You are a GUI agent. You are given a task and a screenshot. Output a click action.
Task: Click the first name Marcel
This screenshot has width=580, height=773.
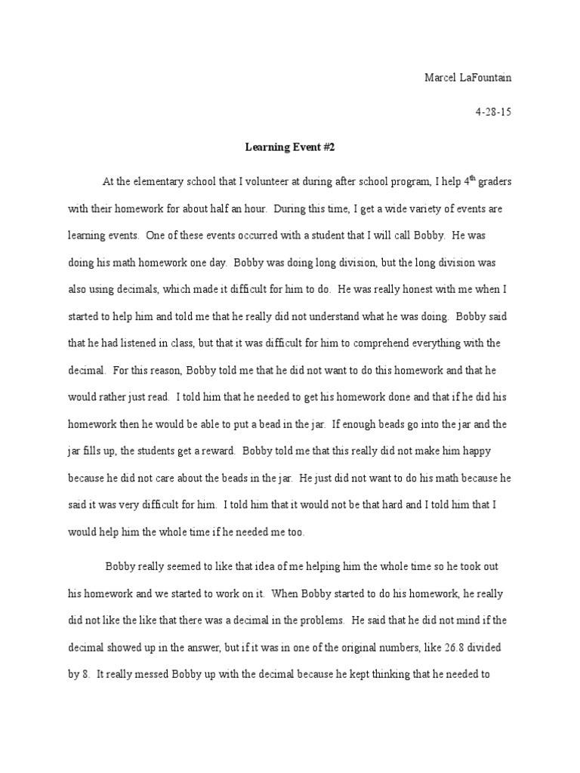441,78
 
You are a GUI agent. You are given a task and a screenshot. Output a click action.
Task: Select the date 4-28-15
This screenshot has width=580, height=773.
493,112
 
